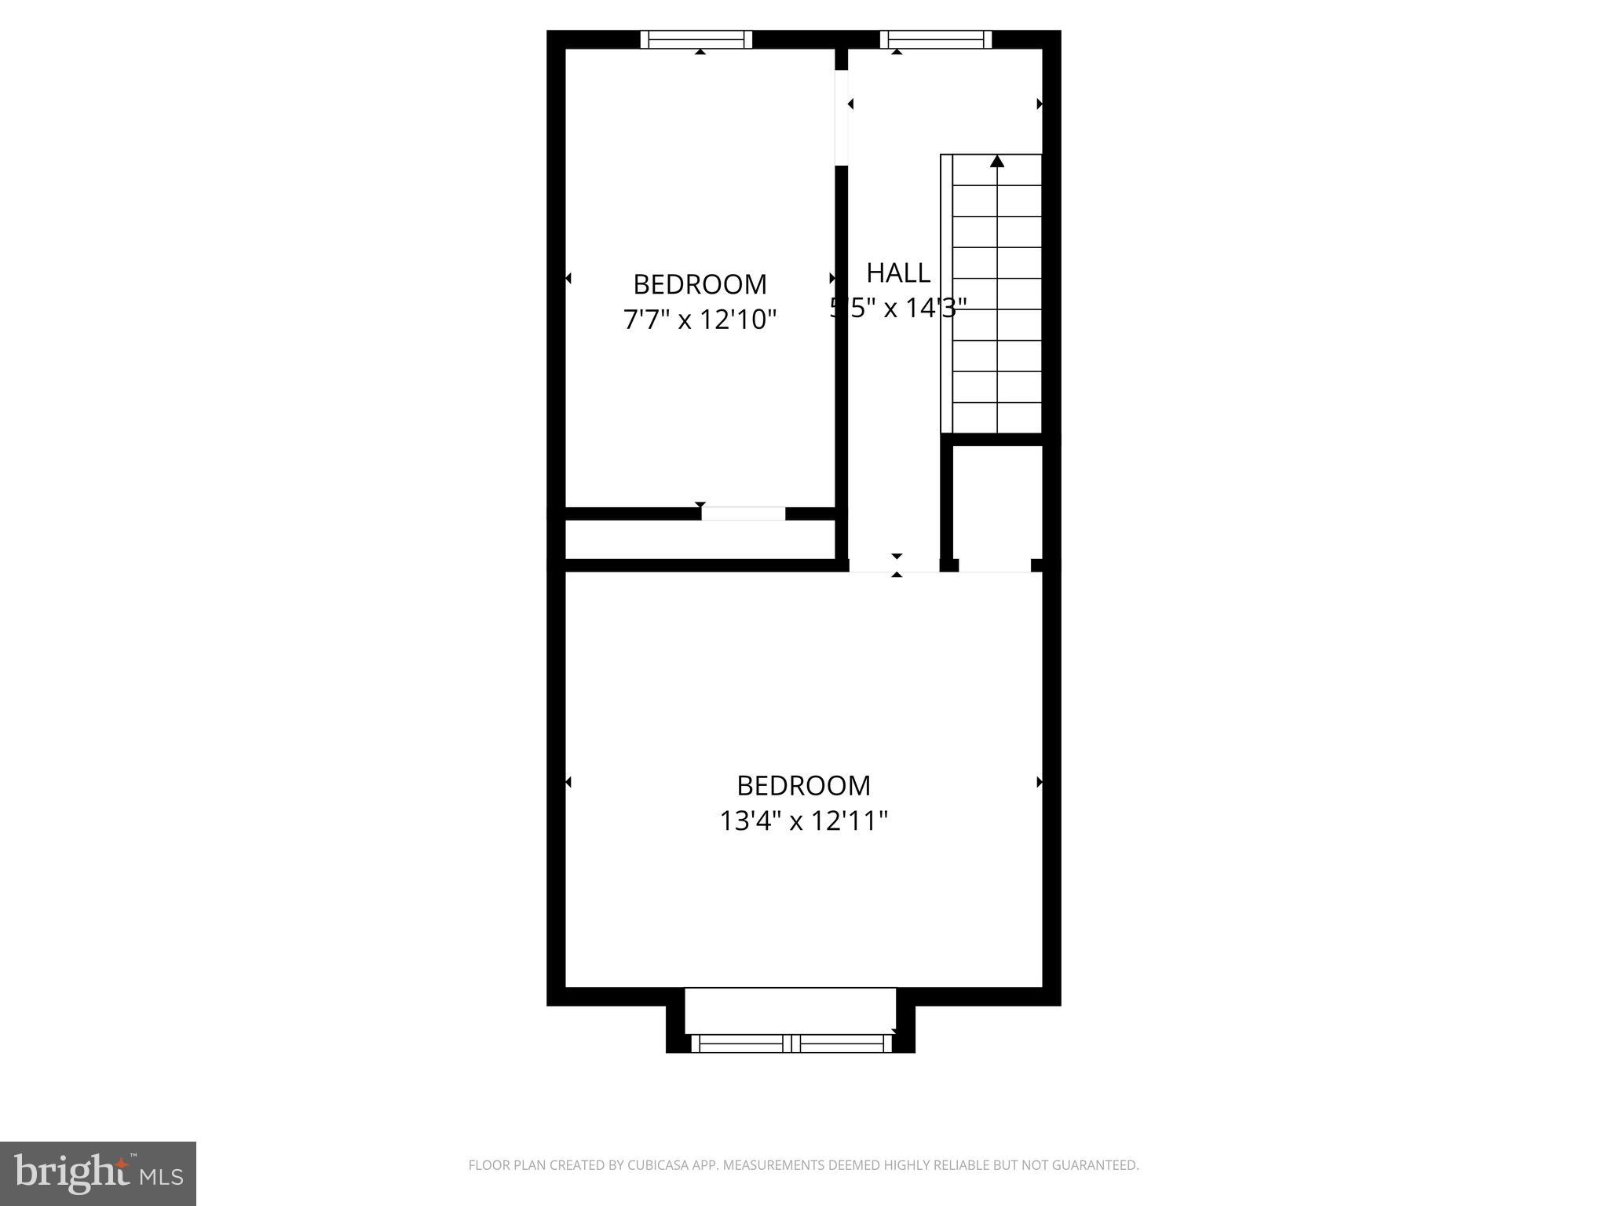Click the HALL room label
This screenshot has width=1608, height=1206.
pyautogui.click(x=898, y=273)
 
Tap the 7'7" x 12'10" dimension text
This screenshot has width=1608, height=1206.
pyautogui.click(x=700, y=320)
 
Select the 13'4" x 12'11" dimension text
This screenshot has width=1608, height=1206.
pyautogui.click(x=803, y=821)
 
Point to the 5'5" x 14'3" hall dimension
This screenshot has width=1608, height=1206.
pyautogui.click(x=898, y=308)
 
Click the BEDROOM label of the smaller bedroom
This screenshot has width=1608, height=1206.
pyautogui.click(x=700, y=284)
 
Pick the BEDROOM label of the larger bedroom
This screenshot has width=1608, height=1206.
pyautogui.click(x=803, y=786)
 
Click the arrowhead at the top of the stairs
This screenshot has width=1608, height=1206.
pyautogui.click(x=997, y=162)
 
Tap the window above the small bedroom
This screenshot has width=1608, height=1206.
pyautogui.click(x=696, y=39)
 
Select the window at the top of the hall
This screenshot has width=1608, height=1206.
pyautogui.click(x=935, y=39)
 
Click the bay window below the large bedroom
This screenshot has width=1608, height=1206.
pyautogui.click(x=791, y=1043)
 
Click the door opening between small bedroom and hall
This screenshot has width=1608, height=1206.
pyautogui.click(x=841, y=118)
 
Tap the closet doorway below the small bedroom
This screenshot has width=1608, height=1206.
pyautogui.click(x=743, y=513)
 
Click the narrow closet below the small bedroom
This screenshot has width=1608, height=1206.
pyautogui.click(x=699, y=539)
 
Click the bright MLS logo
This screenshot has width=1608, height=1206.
pyautogui.click(x=98, y=1173)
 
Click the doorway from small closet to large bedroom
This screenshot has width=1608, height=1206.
pyautogui.click(x=995, y=565)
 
